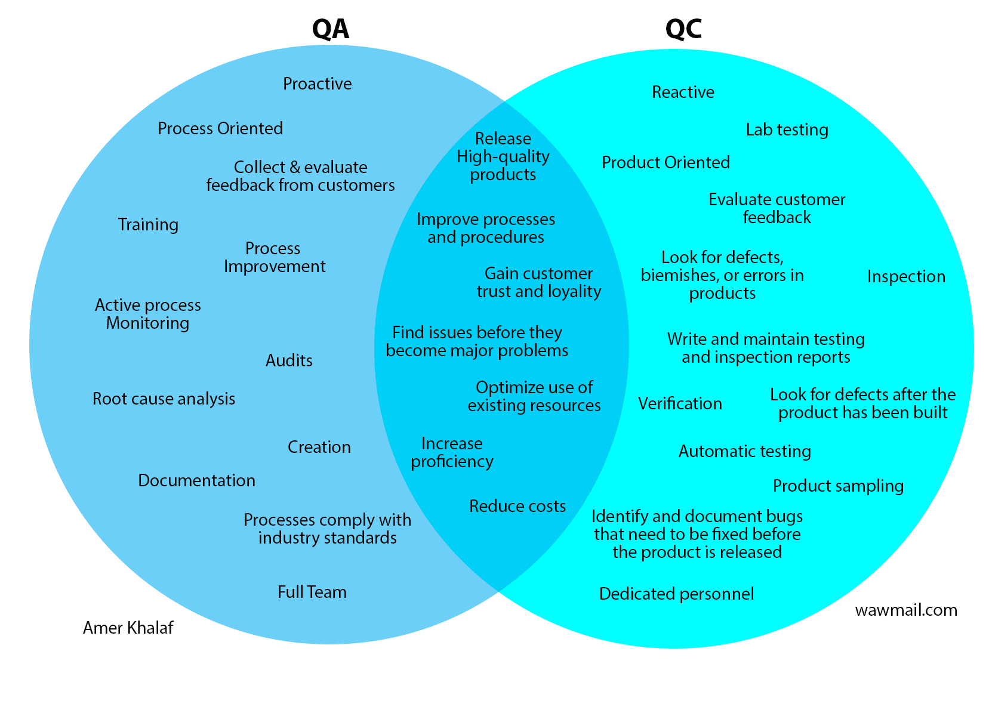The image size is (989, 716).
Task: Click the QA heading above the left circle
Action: (331, 29)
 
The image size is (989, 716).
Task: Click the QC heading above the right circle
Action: (683, 29)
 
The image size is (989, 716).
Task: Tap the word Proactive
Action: (317, 84)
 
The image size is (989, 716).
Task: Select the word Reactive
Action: (683, 92)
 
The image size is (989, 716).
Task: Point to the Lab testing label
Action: (787, 130)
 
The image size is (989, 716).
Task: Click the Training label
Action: (148, 225)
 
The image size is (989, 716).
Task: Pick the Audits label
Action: (289, 360)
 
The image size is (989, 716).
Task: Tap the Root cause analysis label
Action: (164, 399)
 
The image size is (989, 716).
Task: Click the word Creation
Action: (319, 447)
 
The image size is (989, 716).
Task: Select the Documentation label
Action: (196, 481)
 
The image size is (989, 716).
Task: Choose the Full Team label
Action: (312, 592)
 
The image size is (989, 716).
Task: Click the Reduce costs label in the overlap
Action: (517, 507)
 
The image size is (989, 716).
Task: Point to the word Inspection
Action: (906, 277)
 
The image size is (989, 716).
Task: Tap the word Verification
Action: (680, 404)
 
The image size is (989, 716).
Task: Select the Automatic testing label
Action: (744, 452)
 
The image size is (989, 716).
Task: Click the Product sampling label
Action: (838, 486)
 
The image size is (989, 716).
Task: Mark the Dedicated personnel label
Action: (676, 594)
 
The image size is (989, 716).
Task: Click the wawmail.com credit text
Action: (905, 610)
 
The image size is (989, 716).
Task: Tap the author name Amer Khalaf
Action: (128, 628)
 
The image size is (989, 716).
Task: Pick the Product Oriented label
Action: (666, 163)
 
